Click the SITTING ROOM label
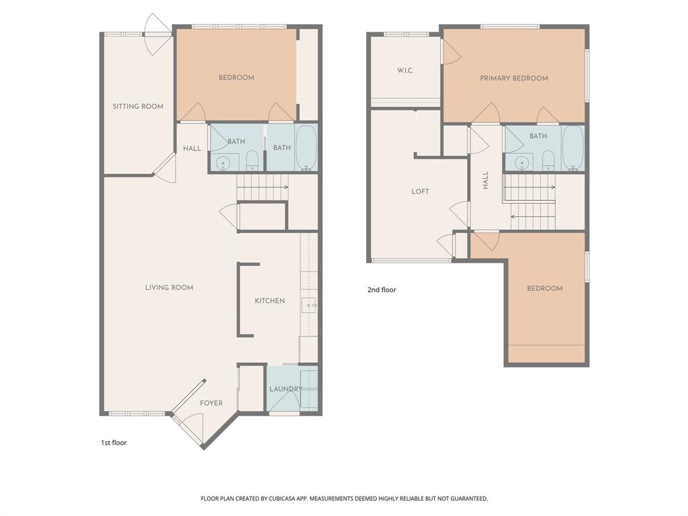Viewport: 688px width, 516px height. [x=138, y=106]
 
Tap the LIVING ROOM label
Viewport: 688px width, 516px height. [x=169, y=288]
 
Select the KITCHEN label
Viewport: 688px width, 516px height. [x=269, y=301]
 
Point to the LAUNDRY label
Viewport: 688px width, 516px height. [x=286, y=389]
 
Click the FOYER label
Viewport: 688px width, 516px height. [x=211, y=403]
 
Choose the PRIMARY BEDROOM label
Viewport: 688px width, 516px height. [x=514, y=79]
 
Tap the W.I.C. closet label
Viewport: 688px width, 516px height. [x=404, y=71]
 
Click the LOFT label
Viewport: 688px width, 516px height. [x=420, y=191]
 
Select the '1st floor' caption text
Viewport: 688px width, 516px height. [x=114, y=443]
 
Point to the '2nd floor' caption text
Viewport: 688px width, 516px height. [x=382, y=290]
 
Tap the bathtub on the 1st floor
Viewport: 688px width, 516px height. [x=306, y=148]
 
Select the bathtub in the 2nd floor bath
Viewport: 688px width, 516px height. [x=572, y=148]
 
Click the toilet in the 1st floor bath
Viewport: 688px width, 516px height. [x=253, y=160]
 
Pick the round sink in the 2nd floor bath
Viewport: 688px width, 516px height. [x=520, y=162]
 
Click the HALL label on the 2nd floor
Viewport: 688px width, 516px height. [x=485, y=180]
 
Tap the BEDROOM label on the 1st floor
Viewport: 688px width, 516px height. [x=236, y=78]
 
